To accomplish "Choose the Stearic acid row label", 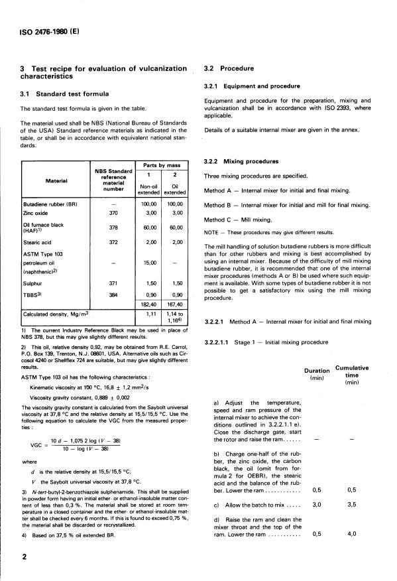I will click(x=40, y=243).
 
